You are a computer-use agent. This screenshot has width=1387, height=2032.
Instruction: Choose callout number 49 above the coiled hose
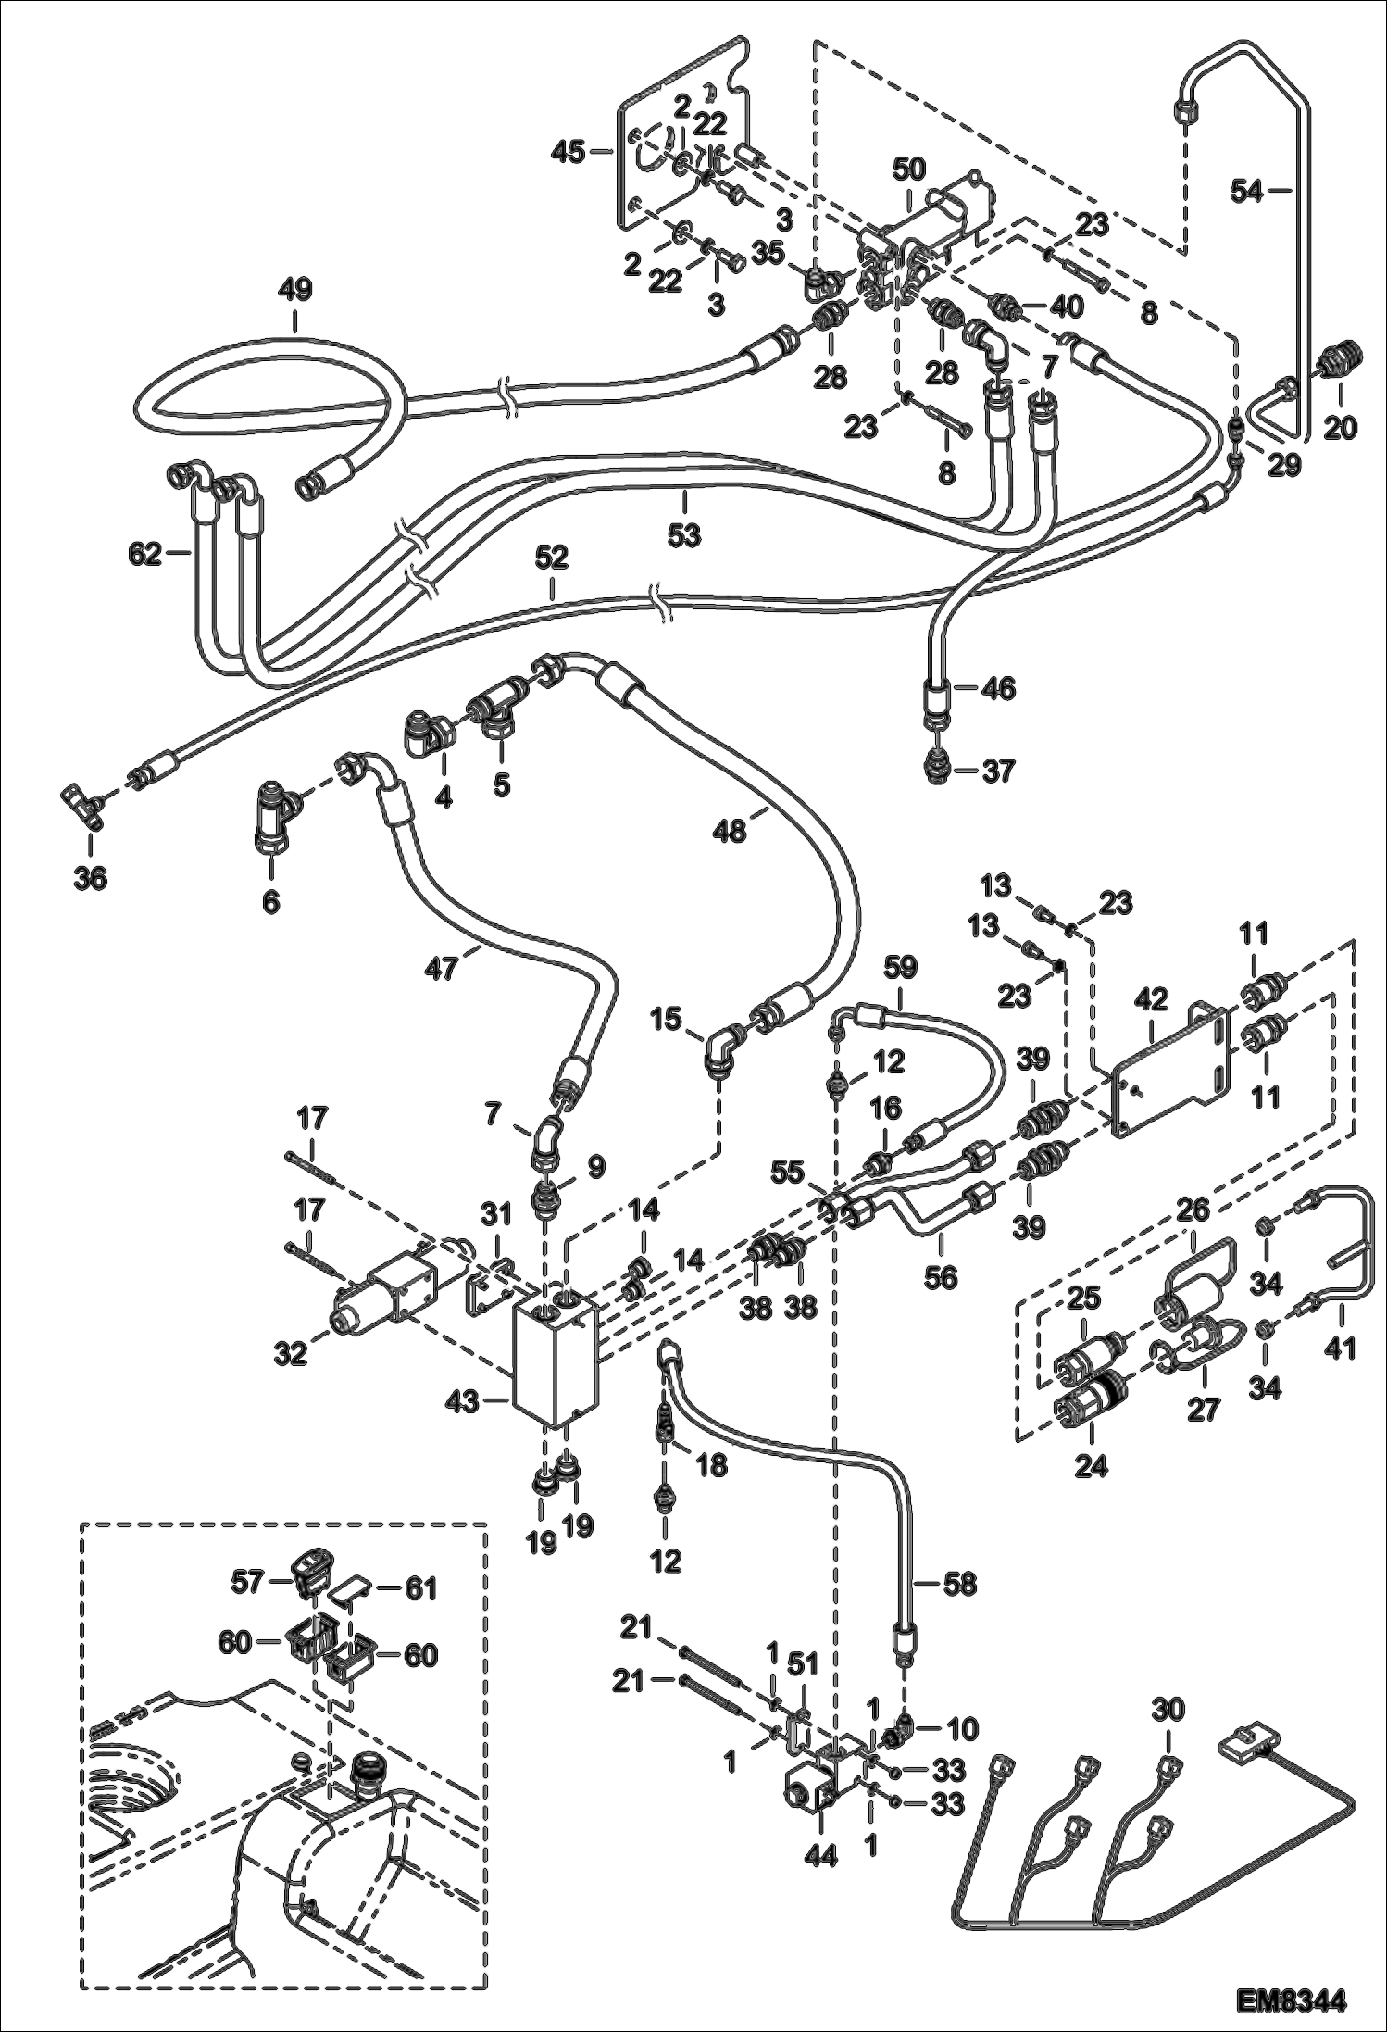[295, 290]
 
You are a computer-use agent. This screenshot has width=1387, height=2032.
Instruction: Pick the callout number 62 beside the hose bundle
[146, 555]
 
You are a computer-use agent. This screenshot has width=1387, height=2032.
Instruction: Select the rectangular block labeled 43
[556, 1368]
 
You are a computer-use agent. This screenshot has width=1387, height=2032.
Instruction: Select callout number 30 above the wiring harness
[1168, 1709]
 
